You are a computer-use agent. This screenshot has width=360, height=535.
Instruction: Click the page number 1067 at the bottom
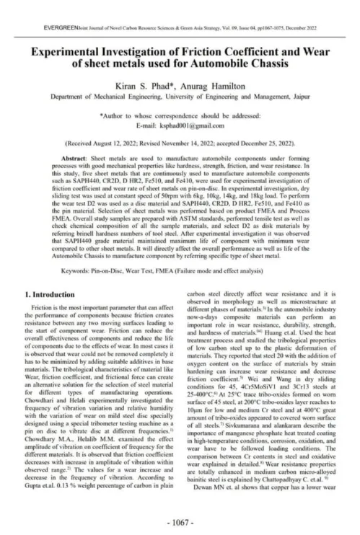pos(180,521)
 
